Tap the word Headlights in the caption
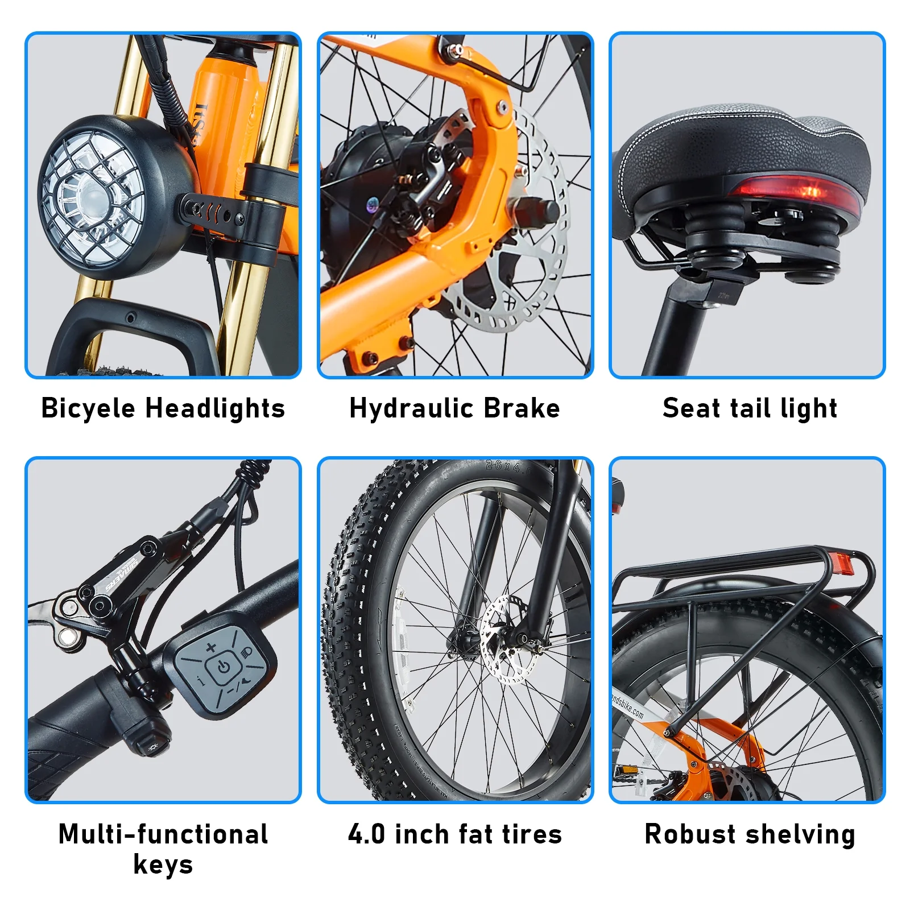coord(215,408)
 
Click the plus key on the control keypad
coord(211,647)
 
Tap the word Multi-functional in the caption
coord(163,834)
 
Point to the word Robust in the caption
coord(690,834)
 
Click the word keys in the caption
coord(163,864)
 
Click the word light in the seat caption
coord(809,409)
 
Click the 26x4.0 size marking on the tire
coord(508,466)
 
